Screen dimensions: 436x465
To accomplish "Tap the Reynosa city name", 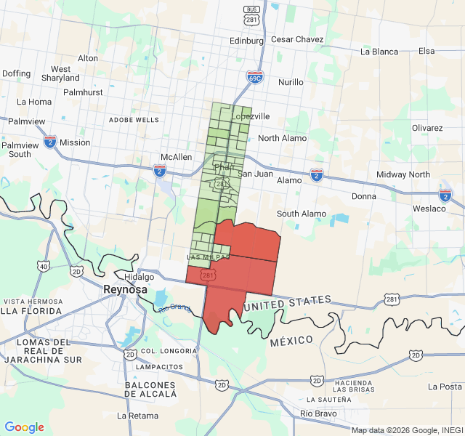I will point(125,289).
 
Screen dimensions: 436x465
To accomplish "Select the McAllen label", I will point(176,157).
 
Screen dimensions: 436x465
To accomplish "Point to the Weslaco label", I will point(428,209).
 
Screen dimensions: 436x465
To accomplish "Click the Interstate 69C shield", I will point(254,76).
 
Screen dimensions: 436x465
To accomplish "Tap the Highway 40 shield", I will point(44,267).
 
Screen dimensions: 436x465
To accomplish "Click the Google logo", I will point(24,427).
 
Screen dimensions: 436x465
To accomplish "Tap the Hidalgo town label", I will point(139,277).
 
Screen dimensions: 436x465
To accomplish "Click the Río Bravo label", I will point(318,414).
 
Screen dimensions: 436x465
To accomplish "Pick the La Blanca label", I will point(379,52).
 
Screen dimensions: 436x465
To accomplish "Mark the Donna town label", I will point(364,196).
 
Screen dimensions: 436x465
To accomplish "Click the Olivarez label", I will point(427,127).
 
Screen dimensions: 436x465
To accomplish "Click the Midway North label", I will point(403,174).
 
